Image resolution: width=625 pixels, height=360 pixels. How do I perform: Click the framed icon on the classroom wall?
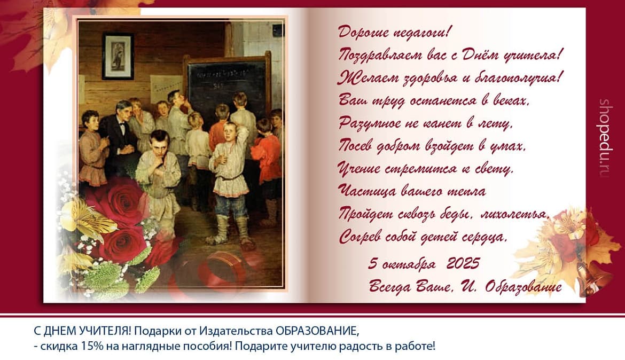coord(118,56)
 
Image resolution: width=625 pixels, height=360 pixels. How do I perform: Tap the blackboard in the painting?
coord(227,85)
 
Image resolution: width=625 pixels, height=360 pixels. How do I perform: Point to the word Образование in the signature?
coord(524,287)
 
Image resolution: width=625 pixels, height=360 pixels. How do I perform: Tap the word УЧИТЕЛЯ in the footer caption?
coord(104,331)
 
